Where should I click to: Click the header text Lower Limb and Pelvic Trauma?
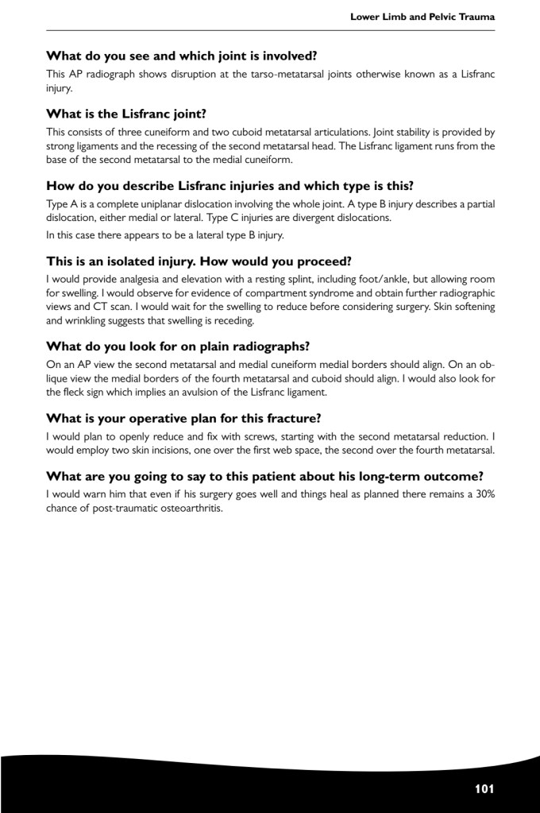[x=422, y=17]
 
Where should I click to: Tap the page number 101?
[x=484, y=789]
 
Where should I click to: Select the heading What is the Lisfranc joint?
[x=126, y=114]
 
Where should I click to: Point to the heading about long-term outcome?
[x=264, y=477]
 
